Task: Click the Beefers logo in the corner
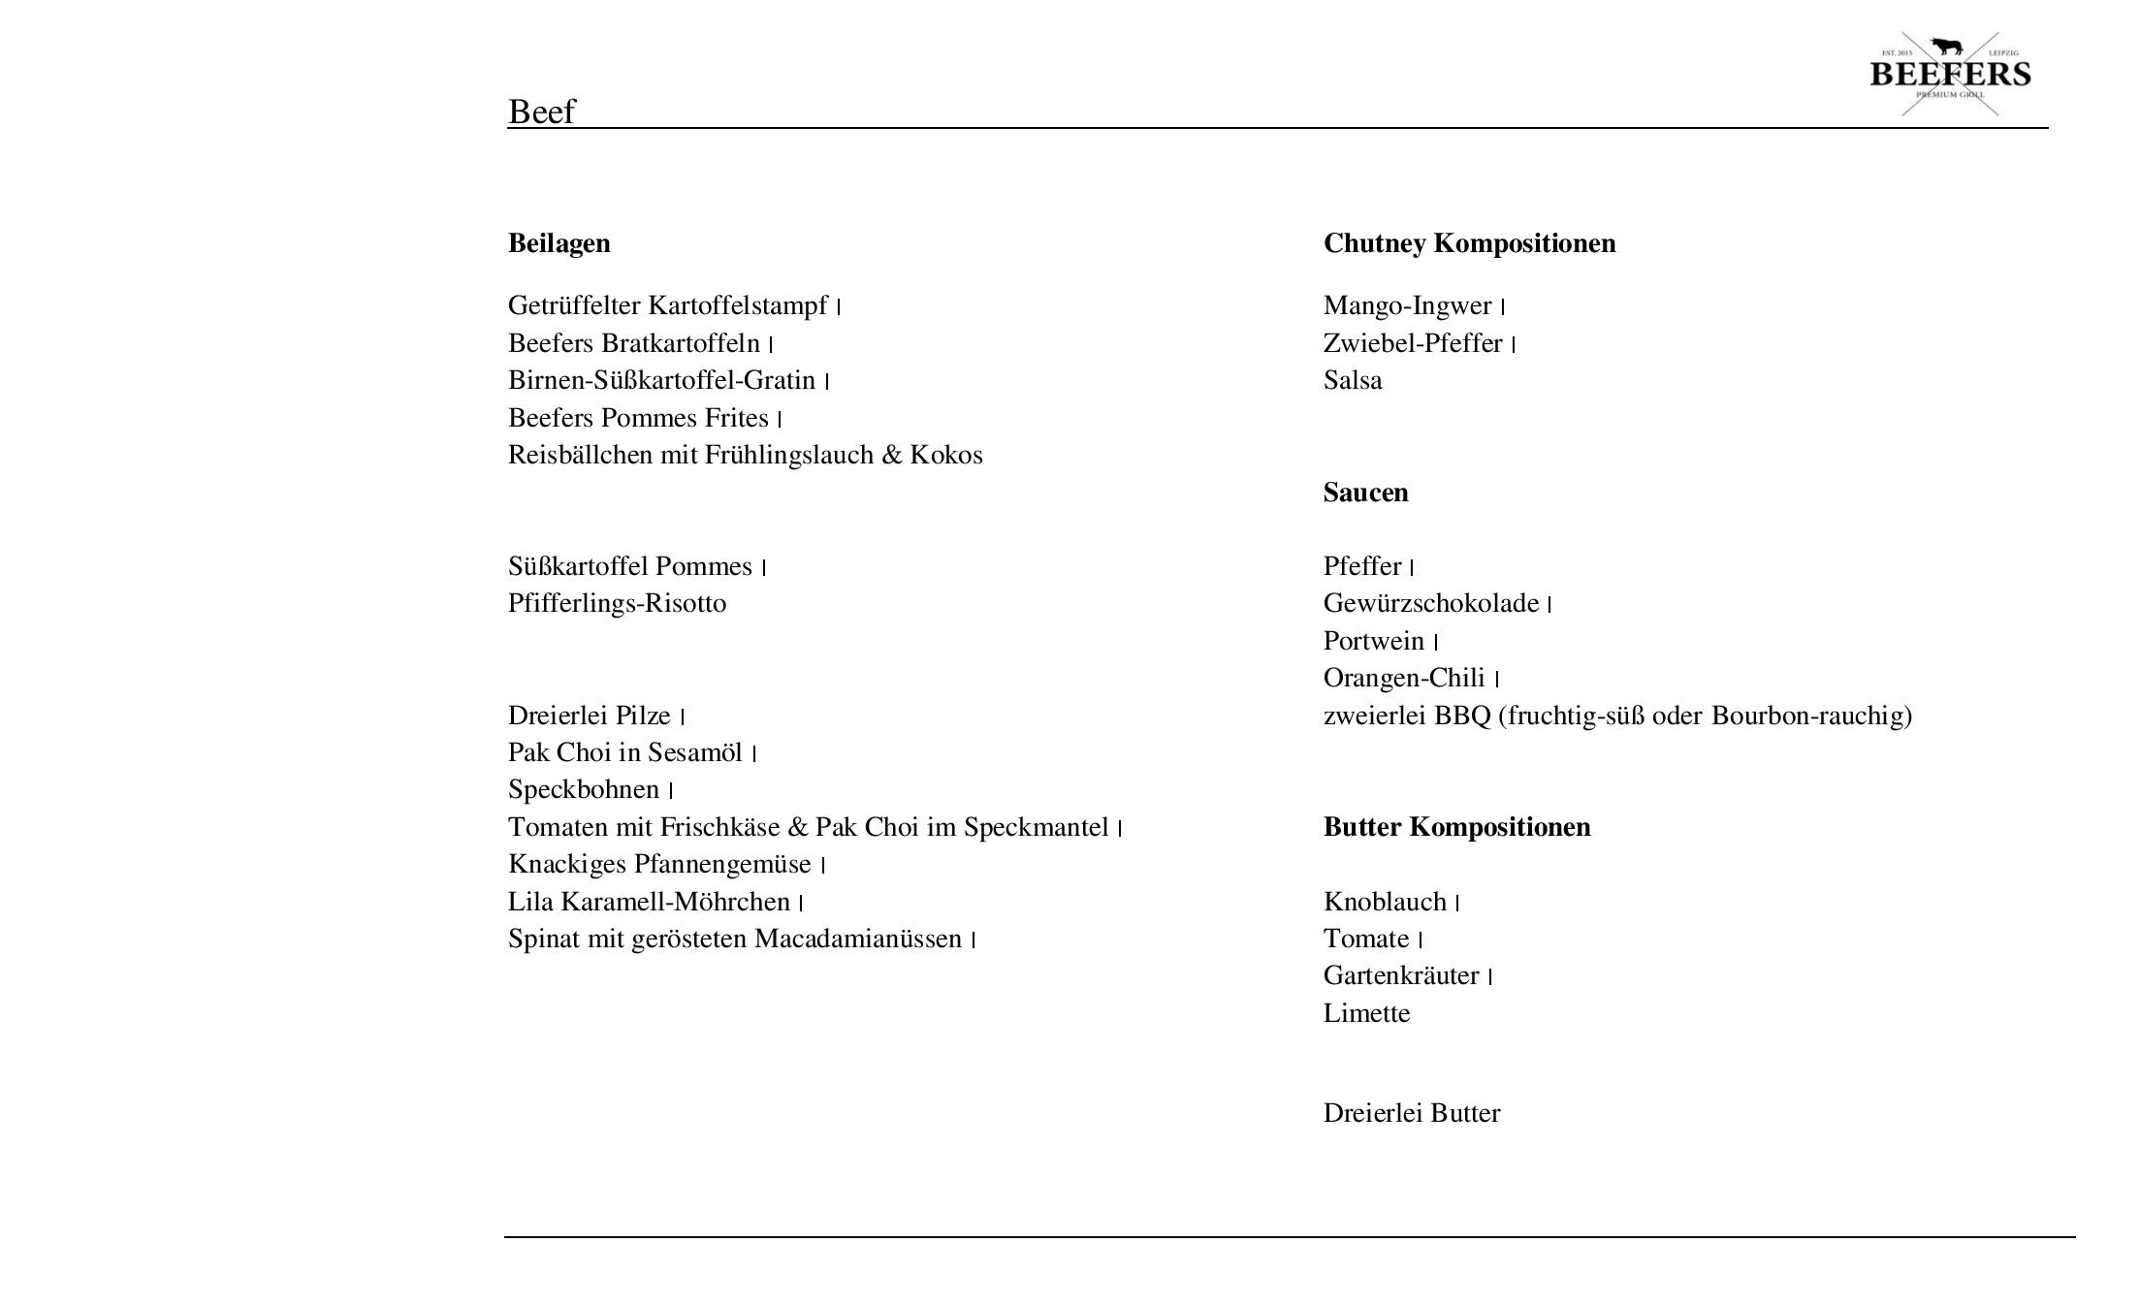[1949, 74]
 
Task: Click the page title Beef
[541, 111]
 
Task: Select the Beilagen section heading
[559, 242]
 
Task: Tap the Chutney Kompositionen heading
[1469, 242]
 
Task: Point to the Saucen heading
[1365, 493]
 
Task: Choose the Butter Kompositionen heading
[1456, 827]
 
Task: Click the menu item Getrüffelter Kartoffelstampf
[667, 305]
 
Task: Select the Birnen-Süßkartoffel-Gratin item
[661, 380]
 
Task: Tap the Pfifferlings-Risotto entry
[617, 603]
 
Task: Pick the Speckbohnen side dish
[583, 789]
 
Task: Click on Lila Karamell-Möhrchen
[649, 902]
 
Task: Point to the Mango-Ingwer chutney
[1407, 305]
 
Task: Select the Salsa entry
[1353, 380]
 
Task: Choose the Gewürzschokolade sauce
[1430, 603]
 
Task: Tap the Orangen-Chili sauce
[1403, 678]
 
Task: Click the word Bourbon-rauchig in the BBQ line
[1810, 716]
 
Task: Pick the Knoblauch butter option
[1385, 902]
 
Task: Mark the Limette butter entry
[1366, 1013]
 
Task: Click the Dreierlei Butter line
[1411, 1113]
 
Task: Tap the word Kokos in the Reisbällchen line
[945, 455]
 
